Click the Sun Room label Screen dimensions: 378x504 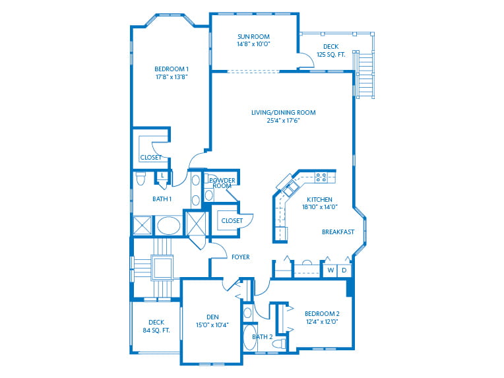tap(254, 37)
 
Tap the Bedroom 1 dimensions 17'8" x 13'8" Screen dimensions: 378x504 tap(171, 77)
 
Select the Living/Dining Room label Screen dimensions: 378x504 tap(283, 112)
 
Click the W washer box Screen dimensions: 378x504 tap(331, 270)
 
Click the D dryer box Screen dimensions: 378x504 tap(344, 270)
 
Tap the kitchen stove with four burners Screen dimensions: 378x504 tap(321, 177)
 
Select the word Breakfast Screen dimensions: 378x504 tap(338, 232)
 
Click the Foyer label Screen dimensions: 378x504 tap(241, 257)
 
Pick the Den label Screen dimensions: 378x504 tap(212, 317)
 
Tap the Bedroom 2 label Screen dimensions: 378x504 tap(322, 313)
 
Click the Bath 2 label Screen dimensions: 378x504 tap(262, 336)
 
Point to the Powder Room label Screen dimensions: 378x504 tap(222, 183)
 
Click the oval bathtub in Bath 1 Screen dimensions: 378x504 tap(169, 225)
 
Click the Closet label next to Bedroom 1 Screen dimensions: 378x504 tap(150, 157)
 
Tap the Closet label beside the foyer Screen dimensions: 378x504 tap(232, 220)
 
